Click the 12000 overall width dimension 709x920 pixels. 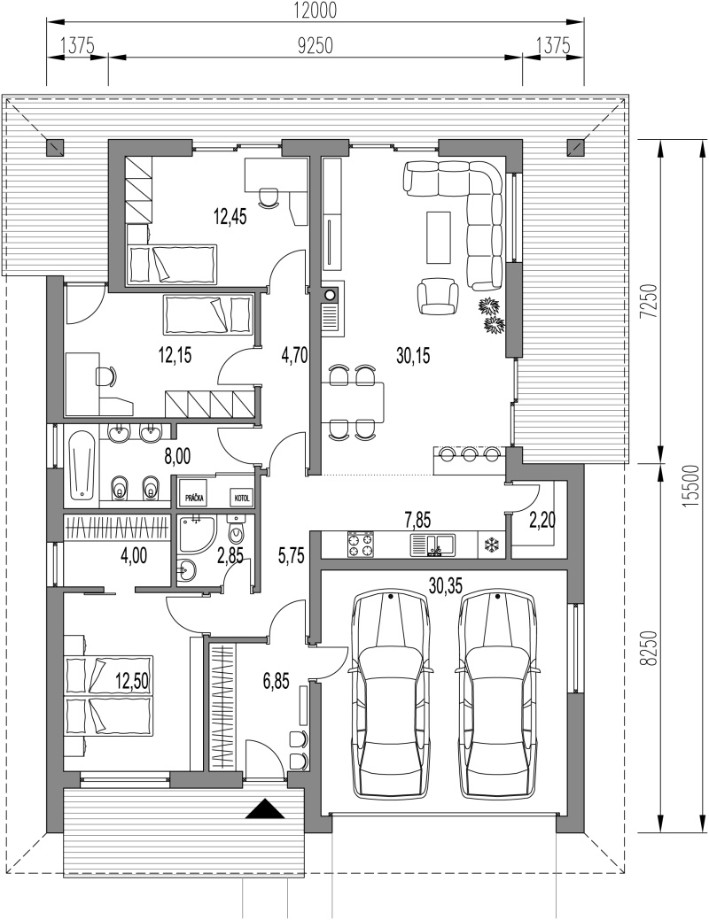(316, 10)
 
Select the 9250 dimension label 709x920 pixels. (316, 46)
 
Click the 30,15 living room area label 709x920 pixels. (413, 355)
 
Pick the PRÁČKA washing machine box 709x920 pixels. (195, 499)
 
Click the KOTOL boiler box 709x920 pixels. (242, 499)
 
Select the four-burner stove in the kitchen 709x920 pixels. (362, 544)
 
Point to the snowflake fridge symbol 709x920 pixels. (490, 545)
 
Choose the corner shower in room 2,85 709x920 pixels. (194, 534)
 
